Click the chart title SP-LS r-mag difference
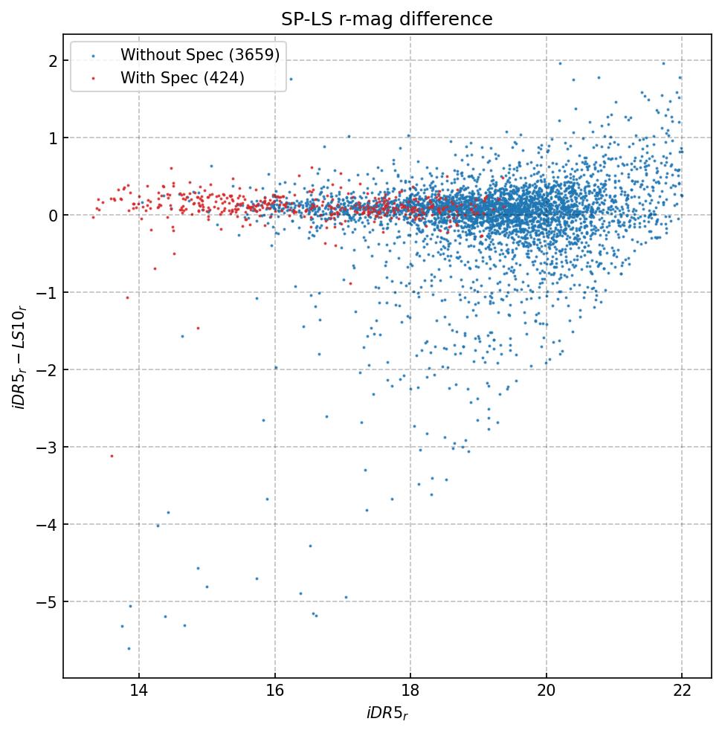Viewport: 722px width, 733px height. point(387,19)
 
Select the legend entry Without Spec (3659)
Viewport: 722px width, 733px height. point(199,55)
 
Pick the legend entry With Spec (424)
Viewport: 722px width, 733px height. point(182,77)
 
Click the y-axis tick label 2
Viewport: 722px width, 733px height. point(53,61)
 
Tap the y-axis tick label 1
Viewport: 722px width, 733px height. point(53,138)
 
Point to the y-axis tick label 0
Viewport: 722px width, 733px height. point(53,216)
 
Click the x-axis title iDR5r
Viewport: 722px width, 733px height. point(387,714)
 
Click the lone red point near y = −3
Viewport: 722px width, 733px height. point(112,456)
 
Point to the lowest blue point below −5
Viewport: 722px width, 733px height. point(129,648)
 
